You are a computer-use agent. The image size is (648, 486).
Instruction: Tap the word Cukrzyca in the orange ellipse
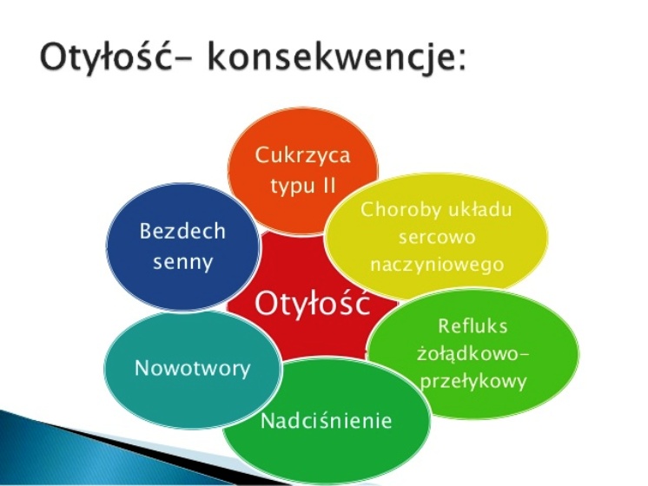click(302, 156)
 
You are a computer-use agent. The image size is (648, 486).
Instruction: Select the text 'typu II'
click(303, 187)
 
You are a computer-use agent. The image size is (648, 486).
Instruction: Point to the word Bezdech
click(182, 231)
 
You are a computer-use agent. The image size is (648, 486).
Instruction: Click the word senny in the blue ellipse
click(182, 262)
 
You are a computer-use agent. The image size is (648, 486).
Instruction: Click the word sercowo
click(437, 238)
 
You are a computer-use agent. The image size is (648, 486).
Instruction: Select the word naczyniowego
click(437, 265)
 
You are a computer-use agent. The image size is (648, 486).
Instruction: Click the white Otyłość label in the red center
click(312, 304)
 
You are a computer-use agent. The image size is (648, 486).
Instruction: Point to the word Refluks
click(473, 326)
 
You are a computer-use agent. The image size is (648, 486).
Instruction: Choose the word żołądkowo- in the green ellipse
click(473, 354)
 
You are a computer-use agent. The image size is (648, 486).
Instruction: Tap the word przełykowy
click(473, 382)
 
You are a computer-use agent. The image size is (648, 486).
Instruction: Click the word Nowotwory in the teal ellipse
click(193, 368)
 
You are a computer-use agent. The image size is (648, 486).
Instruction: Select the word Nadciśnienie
click(326, 421)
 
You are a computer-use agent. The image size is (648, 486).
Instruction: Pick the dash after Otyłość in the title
click(185, 61)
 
